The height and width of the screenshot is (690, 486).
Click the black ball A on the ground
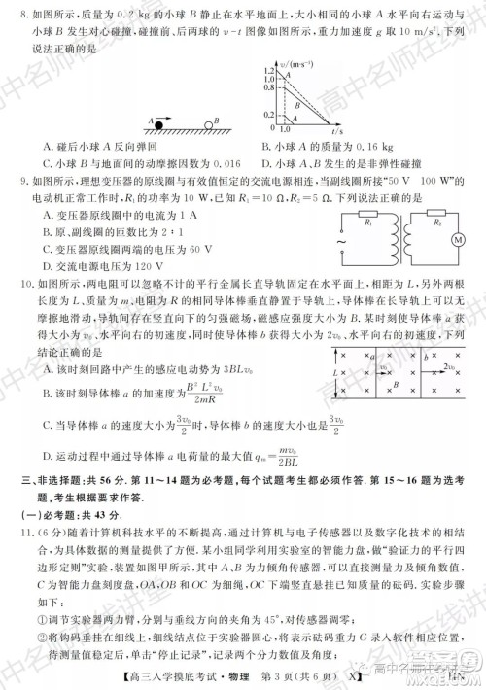click(158, 123)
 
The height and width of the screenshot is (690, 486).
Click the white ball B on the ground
click(206, 123)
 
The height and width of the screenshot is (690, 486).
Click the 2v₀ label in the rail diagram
click(449, 364)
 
